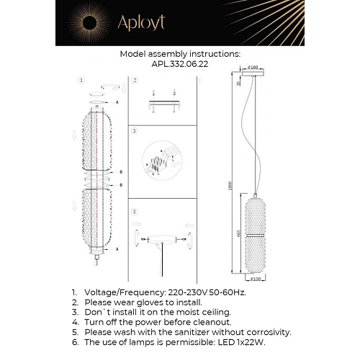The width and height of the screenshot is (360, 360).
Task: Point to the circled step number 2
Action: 135,80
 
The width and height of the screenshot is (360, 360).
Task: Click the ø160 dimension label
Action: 253,68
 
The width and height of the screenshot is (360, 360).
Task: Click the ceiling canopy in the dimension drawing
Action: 253,74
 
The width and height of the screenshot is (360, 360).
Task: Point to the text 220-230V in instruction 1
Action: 181,294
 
